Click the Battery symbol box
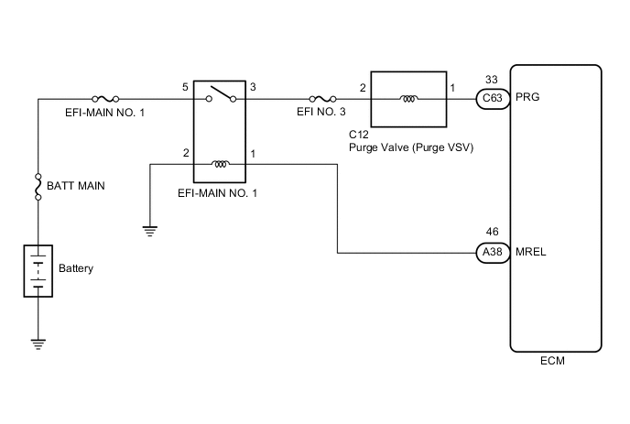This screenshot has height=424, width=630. pos(38,269)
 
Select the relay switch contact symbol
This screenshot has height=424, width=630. pos(220,94)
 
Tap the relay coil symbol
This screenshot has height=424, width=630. pos(220,165)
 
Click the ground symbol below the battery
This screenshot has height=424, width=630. pos(38,342)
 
